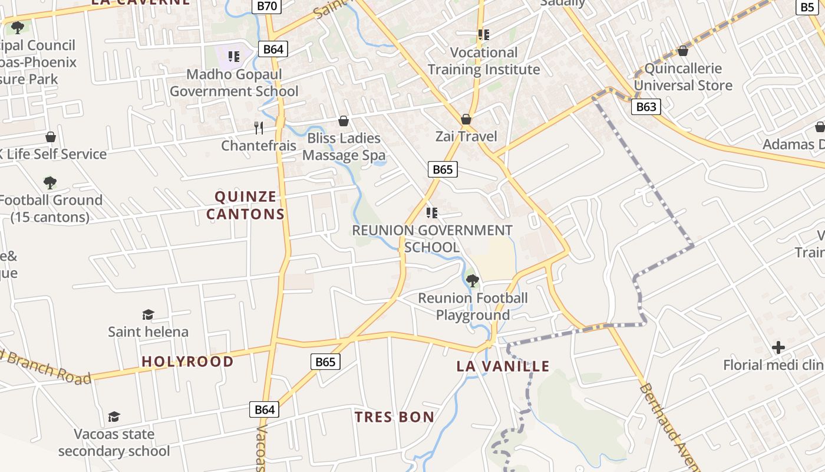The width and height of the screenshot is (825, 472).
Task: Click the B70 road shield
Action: pos(267,6)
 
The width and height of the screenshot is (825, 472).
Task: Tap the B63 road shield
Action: pos(646,107)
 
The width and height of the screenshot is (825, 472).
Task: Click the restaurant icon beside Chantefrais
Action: pos(258,127)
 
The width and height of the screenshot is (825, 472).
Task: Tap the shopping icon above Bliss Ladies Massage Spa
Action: pos(344,121)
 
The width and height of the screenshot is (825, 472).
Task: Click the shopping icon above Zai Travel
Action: pos(466,119)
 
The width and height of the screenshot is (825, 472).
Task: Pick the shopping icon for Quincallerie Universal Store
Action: pos(683,51)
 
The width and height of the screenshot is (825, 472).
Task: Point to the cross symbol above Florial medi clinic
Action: pos(778,348)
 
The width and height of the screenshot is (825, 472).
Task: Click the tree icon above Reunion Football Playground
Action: pos(472,280)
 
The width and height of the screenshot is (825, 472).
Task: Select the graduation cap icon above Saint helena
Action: pos(148,314)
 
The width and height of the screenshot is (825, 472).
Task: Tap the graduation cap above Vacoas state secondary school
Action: pos(114,417)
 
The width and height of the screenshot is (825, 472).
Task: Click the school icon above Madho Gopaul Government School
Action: pos(234,57)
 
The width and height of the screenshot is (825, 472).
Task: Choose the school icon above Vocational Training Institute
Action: pos(484,35)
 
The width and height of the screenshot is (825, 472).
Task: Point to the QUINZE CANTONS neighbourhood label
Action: pos(245,205)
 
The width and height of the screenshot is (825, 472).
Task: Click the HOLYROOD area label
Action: pos(187,361)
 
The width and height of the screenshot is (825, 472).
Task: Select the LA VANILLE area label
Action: pos(503,366)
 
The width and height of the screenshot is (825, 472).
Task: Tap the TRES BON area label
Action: pos(394,417)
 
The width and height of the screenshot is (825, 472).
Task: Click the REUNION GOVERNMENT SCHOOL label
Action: pos(432,238)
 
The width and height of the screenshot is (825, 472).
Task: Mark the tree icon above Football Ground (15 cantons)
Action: pos(50,182)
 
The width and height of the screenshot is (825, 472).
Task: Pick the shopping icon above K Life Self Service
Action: pos(51,137)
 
